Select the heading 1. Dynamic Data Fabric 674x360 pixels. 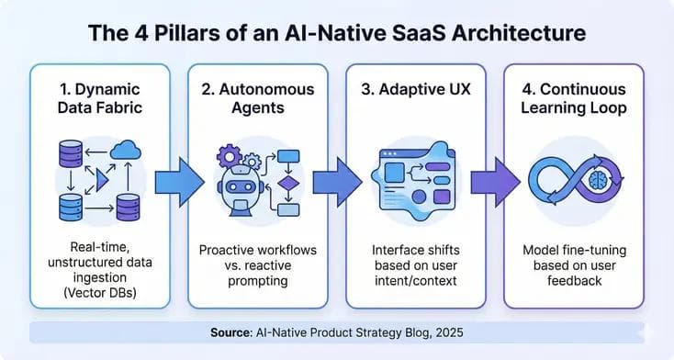coord(99,100)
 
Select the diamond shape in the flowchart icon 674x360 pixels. coord(288,181)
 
